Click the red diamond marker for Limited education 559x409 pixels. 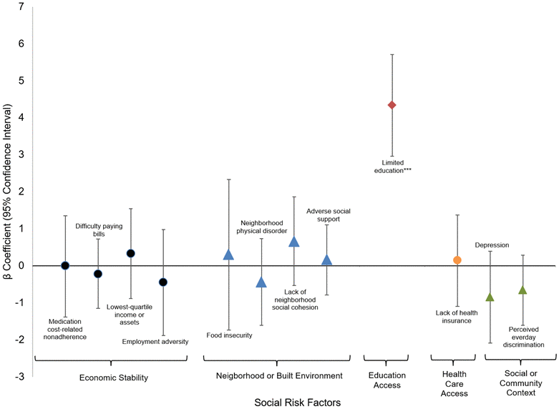pyautogui.click(x=392, y=105)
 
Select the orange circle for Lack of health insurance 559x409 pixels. pyautogui.click(x=457, y=260)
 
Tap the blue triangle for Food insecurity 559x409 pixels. pyautogui.click(x=228, y=255)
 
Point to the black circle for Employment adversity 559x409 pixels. pyautogui.click(x=163, y=282)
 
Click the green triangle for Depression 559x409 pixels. pyautogui.click(x=490, y=297)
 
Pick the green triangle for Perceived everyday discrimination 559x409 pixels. pyautogui.click(x=522, y=290)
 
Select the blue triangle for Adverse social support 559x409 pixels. pyautogui.click(x=326, y=260)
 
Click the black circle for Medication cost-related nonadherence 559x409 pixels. pyautogui.click(x=65, y=265)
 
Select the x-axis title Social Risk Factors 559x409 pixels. pyautogui.click(x=297, y=402)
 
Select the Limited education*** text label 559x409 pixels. pyautogui.click(x=392, y=167)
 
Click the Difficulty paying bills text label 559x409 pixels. pyautogui.click(x=99, y=230)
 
